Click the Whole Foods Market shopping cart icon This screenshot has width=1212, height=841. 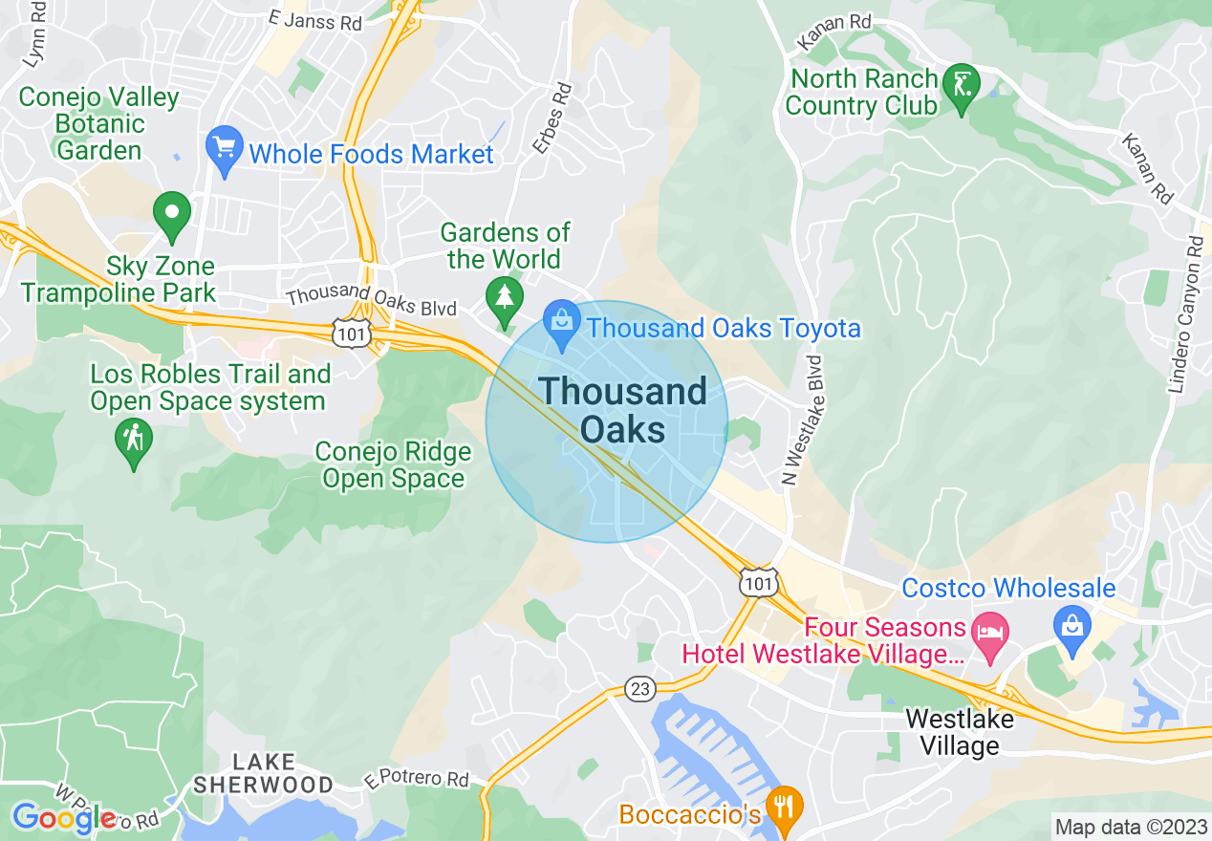225,149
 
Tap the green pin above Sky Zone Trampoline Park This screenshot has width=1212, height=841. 172,214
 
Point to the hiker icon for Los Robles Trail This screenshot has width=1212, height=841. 133,441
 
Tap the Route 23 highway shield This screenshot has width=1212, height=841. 640,688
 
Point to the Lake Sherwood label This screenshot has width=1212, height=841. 263,773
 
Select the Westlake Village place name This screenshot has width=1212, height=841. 959,732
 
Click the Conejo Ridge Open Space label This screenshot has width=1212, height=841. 393,464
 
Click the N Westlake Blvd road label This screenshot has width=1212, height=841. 802,420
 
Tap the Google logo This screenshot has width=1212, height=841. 63,818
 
